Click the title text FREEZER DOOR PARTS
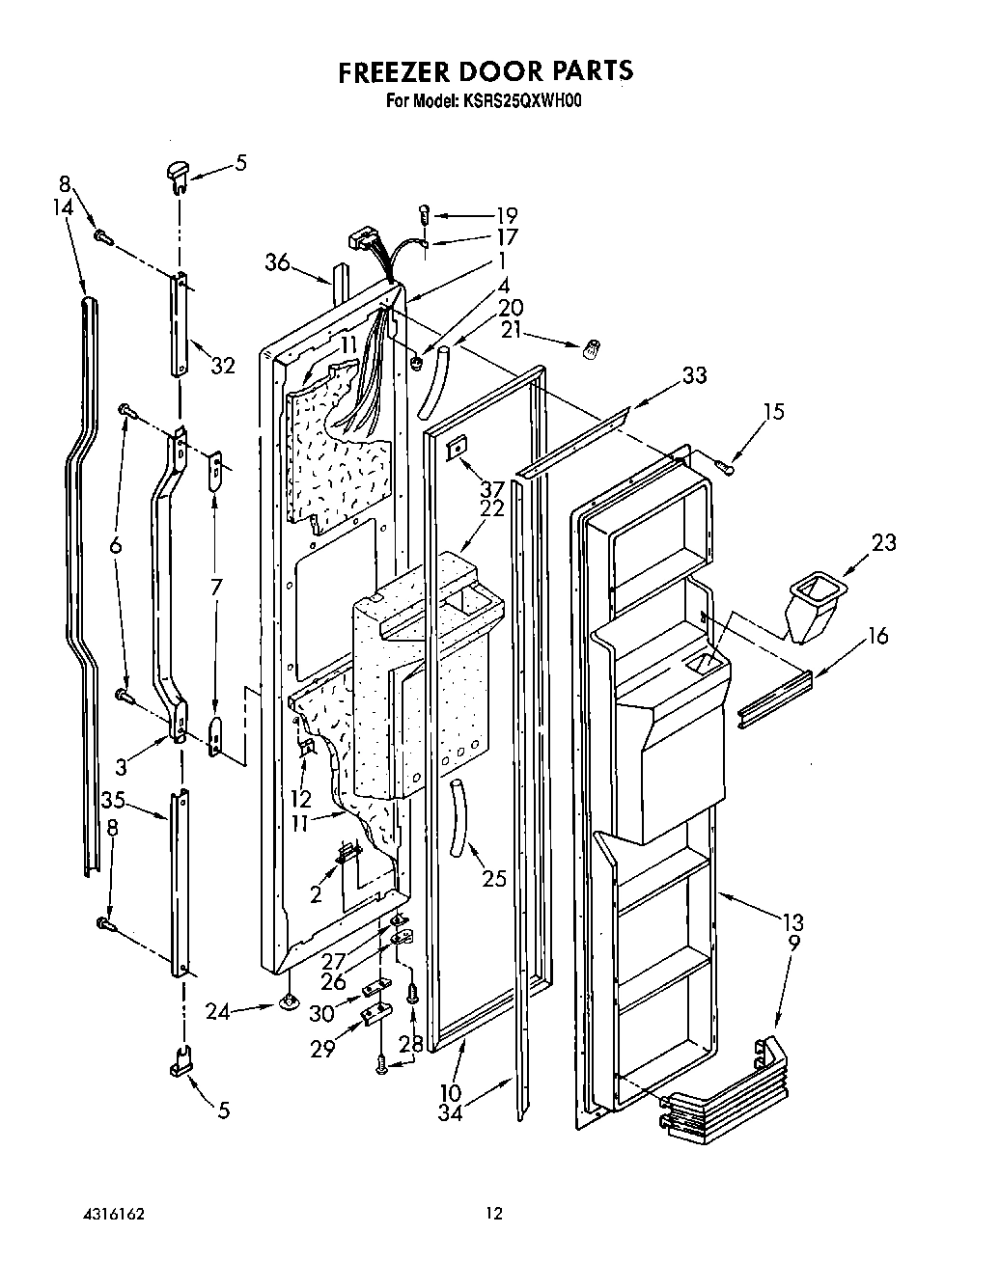click(485, 70)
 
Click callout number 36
click(278, 262)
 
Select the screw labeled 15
click(725, 467)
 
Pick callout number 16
click(876, 636)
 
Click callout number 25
click(493, 879)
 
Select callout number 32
click(223, 366)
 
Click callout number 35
click(113, 799)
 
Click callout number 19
click(506, 215)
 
